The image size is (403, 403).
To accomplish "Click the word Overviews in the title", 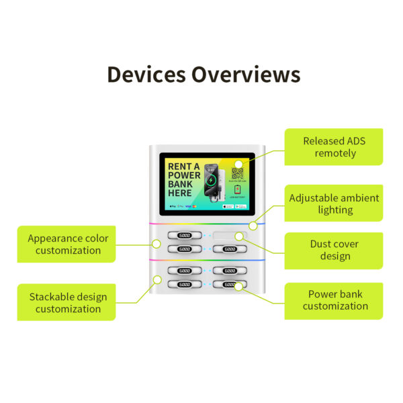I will [x=246, y=74].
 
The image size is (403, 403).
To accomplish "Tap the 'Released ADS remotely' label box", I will [x=334, y=147].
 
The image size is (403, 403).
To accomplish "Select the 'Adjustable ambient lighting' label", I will [x=334, y=204].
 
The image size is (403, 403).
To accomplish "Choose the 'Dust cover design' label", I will [x=334, y=250].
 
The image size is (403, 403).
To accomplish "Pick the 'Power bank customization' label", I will [x=334, y=300].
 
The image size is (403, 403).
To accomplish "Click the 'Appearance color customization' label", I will [x=67, y=244].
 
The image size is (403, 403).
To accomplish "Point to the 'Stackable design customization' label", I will [x=67, y=302].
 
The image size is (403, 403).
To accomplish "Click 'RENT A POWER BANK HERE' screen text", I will [x=183, y=180].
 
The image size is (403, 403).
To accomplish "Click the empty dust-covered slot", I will [x=230, y=236].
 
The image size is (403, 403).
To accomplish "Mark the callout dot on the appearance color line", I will [x=156, y=242].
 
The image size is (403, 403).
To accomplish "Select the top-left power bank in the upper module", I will [x=184, y=236].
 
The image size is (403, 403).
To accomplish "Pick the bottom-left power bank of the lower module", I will [x=184, y=285].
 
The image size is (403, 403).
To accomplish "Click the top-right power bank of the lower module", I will [x=230, y=271].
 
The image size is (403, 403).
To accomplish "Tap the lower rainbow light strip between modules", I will [x=201, y=260].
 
